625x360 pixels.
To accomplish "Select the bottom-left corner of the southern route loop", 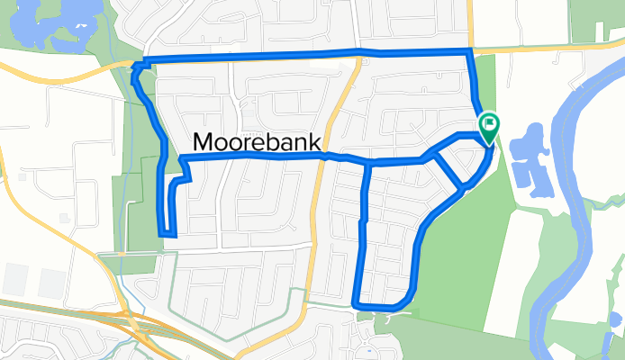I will click(x=358, y=303).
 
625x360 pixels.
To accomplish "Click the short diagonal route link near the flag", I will click(x=448, y=172).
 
